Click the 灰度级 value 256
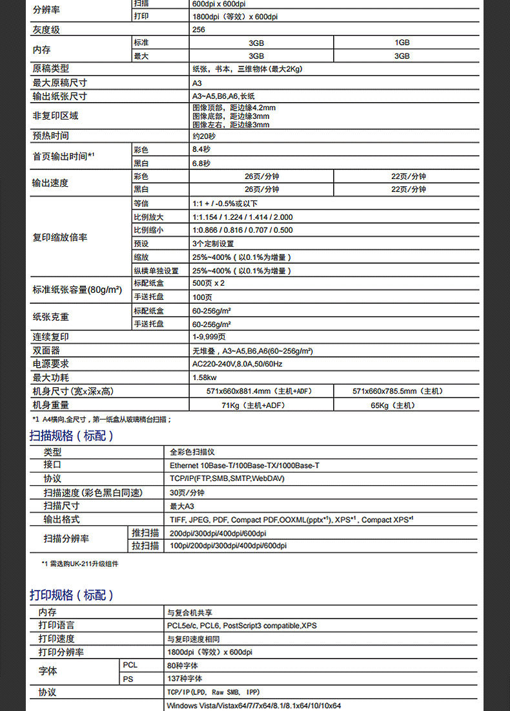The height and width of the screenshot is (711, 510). [x=199, y=30]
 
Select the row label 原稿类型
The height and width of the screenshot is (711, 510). [x=51, y=69]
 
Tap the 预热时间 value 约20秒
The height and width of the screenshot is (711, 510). [x=204, y=136]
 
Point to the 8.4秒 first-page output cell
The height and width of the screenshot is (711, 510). [x=201, y=149]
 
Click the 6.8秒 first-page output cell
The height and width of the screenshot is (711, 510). [x=201, y=163]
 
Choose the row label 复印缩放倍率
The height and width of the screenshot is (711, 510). [x=60, y=237]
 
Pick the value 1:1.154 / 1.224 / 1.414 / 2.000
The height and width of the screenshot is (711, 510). [x=242, y=217]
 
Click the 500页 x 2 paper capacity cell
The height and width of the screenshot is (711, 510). [x=209, y=283]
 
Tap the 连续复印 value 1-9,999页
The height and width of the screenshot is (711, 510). [x=209, y=337]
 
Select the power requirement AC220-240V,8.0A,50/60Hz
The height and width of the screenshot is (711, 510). [x=238, y=364]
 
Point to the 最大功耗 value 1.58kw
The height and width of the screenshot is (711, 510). [x=205, y=377]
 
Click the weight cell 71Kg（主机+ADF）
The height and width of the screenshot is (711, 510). [x=261, y=405]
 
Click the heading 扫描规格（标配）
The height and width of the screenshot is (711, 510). [x=72, y=436]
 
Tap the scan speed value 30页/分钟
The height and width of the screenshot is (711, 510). [x=187, y=493]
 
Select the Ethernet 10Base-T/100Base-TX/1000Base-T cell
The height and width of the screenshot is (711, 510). [x=244, y=465]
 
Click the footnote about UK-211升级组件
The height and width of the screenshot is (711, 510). [x=80, y=564]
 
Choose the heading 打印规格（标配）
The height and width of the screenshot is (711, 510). [x=72, y=595]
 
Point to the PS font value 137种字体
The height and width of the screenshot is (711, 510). [x=185, y=679]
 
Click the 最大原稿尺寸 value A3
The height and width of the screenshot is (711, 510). [x=197, y=83]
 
